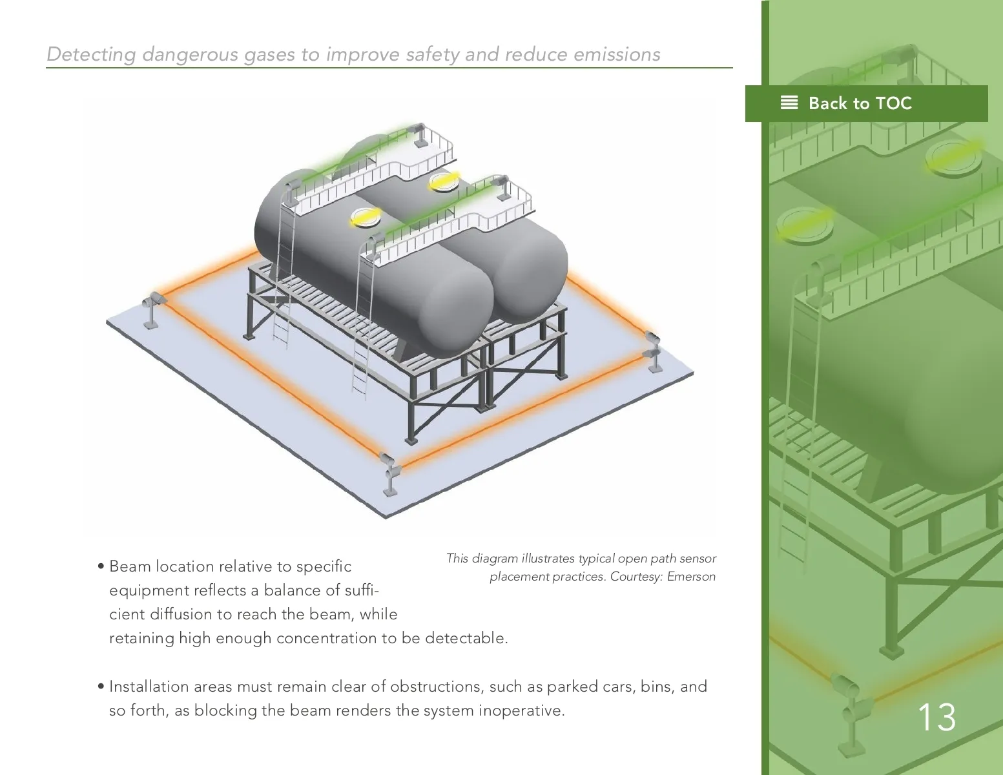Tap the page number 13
[x=936, y=718]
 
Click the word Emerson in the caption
[x=691, y=576]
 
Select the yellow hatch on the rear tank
[x=444, y=181]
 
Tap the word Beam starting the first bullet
[x=129, y=566]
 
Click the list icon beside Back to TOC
[x=789, y=103]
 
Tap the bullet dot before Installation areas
[x=101, y=687]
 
